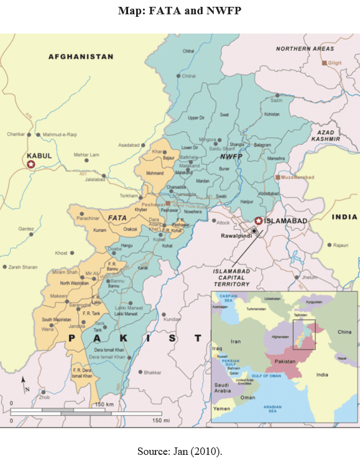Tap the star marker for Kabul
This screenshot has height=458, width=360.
[x=30, y=164]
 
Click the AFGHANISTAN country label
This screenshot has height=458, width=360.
[x=81, y=57]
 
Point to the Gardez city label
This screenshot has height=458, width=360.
[x=26, y=228]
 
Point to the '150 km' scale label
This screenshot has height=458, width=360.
[x=104, y=405]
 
